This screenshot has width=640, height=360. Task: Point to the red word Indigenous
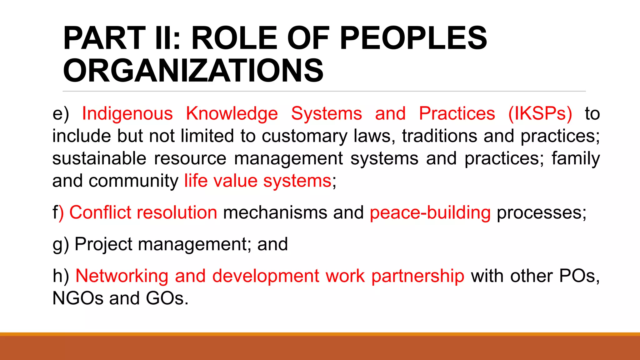127,113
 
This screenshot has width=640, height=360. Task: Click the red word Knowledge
232,113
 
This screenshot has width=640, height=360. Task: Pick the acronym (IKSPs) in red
540,113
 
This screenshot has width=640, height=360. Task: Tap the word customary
304,136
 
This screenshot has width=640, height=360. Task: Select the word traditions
439,136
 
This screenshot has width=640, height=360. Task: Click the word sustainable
99,158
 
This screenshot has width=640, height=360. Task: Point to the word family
576,158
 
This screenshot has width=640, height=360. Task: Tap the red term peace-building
430,212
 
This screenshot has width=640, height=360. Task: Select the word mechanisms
275,212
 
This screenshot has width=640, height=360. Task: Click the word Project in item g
103,244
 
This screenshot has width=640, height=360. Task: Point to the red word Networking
122,276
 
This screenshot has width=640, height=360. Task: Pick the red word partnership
418,276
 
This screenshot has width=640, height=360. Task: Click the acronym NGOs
78,298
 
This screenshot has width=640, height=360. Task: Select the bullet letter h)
61,276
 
